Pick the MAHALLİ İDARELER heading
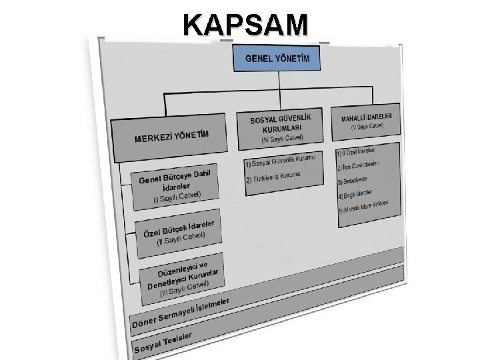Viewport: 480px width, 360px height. (367, 116)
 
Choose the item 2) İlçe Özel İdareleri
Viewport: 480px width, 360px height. (361, 165)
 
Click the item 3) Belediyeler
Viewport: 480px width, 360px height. (353, 180)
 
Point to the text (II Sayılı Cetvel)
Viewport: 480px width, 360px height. (180, 237)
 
